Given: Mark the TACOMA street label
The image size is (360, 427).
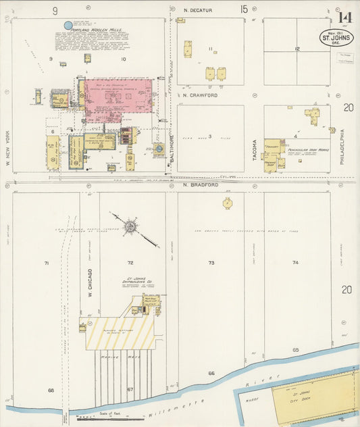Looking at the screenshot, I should pos(255,150).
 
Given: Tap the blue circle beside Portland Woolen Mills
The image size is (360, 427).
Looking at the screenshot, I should pos(68,26).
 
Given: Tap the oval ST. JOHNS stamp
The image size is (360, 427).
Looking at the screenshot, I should pos(336,37).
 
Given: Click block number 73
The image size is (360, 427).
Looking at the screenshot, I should pos(211,263).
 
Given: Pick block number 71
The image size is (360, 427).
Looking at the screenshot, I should pos(47,263).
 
